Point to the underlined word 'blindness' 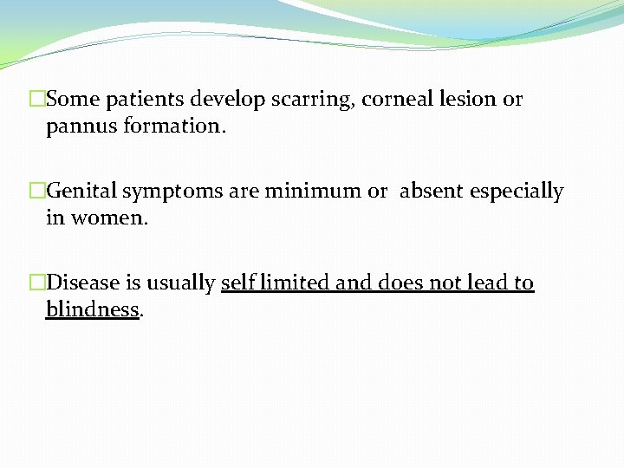pyautogui.click(x=93, y=309)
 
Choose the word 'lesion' pyautogui.click(x=469, y=100)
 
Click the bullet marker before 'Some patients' pyautogui.click(x=36, y=100)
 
